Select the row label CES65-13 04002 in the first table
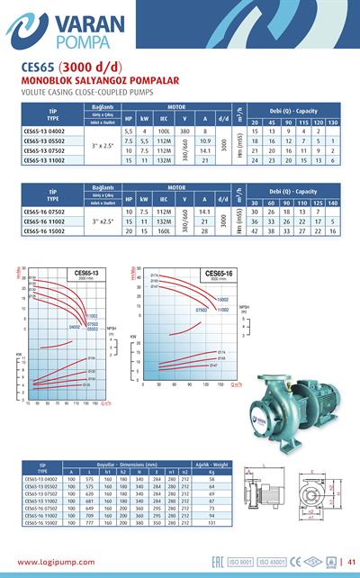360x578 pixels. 43,130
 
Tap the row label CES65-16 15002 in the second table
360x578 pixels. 43,230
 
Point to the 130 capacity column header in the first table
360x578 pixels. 333,122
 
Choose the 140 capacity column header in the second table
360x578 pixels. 333,203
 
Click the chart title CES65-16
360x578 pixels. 219,273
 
